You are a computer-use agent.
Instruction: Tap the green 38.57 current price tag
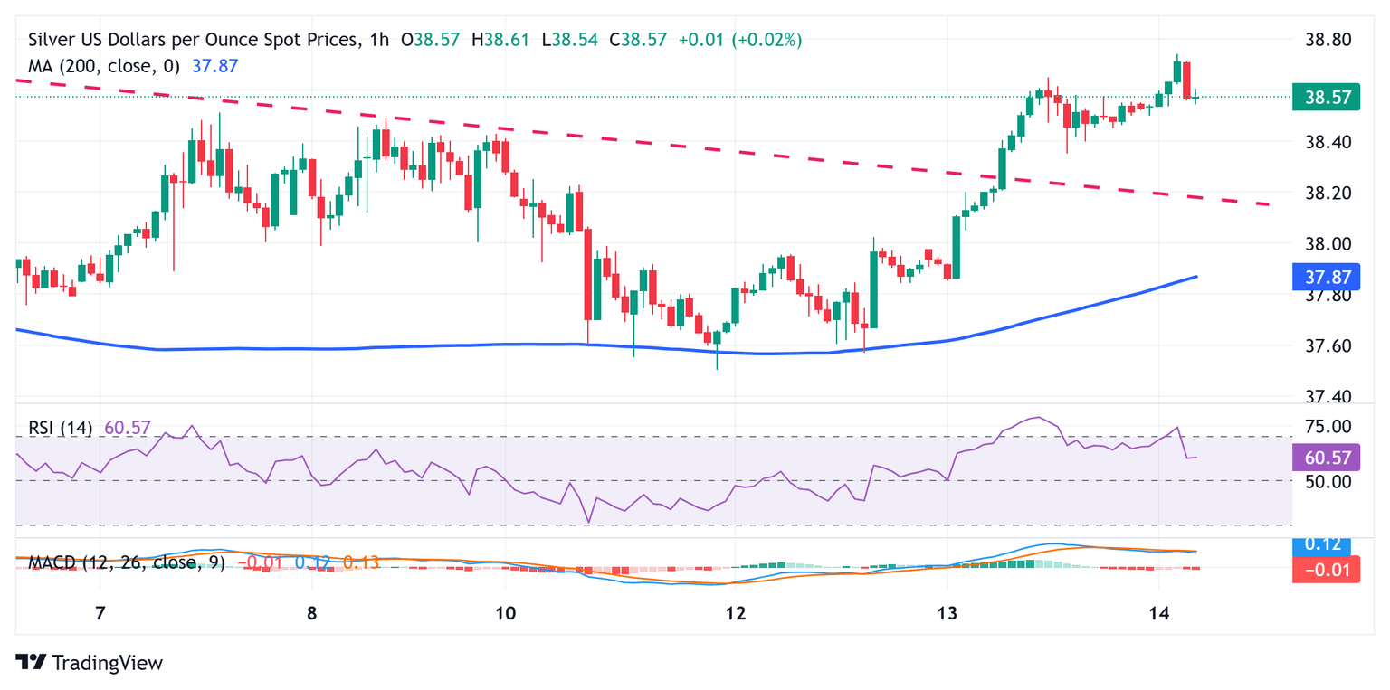point(1326,96)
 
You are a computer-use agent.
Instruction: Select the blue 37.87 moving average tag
point(1326,276)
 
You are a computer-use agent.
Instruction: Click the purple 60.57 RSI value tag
point(1326,458)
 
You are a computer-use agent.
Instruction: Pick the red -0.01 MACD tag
point(1326,569)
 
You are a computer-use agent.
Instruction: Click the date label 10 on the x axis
point(505,614)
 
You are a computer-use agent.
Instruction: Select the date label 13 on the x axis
point(947,614)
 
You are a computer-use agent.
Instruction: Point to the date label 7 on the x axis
point(100,614)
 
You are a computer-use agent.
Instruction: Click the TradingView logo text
point(107,663)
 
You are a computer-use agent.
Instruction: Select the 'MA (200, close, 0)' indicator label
point(104,66)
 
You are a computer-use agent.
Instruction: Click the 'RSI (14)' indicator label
point(60,428)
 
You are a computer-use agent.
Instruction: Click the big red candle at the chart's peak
point(1186,80)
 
